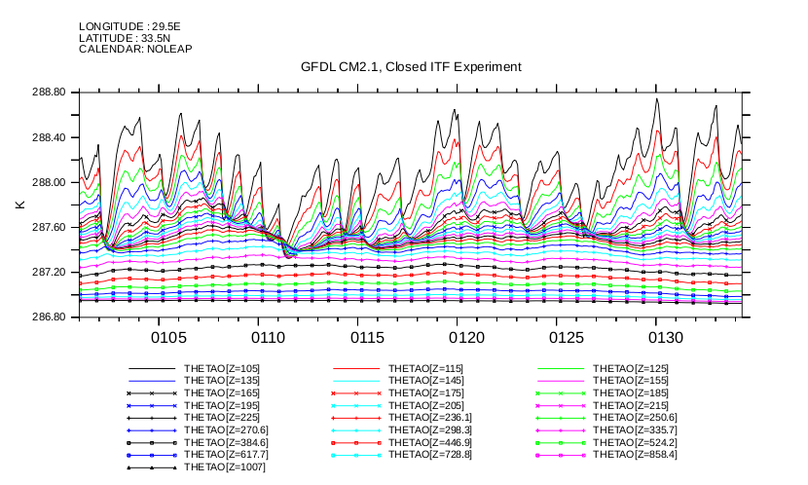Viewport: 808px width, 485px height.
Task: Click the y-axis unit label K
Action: pyautogui.click(x=19, y=205)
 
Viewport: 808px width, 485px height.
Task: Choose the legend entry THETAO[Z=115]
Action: pyautogui.click(x=426, y=369)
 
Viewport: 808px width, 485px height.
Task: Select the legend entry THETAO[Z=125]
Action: pyautogui.click(x=631, y=369)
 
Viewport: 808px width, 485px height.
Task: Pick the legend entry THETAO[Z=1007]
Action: pyautogui.click(x=225, y=466)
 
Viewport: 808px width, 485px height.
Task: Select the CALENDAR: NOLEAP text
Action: pyautogui.click(x=135, y=48)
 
